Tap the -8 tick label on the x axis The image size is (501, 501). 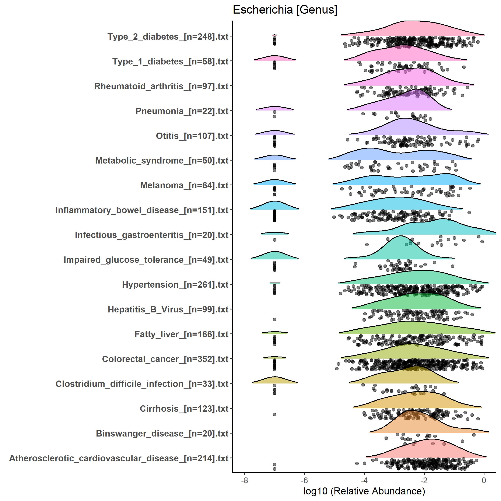pos(244,480)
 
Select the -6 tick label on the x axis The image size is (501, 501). pos(304,480)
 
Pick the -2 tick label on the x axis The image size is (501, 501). pos(424,480)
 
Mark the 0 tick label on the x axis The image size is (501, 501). pos(484,480)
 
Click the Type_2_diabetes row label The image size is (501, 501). pos(168,37)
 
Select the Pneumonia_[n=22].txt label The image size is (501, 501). pos(182,111)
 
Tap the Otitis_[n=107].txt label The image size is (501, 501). pos(192,136)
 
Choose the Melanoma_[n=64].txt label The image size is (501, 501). pos(184,185)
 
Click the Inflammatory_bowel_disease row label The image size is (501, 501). pos(142,210)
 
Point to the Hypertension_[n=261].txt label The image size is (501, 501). pos(175,285)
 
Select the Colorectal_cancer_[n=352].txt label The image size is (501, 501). pos(165,359)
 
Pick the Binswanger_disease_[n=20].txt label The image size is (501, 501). pos(162,434)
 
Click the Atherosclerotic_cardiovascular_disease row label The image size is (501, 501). pos(119,458)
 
